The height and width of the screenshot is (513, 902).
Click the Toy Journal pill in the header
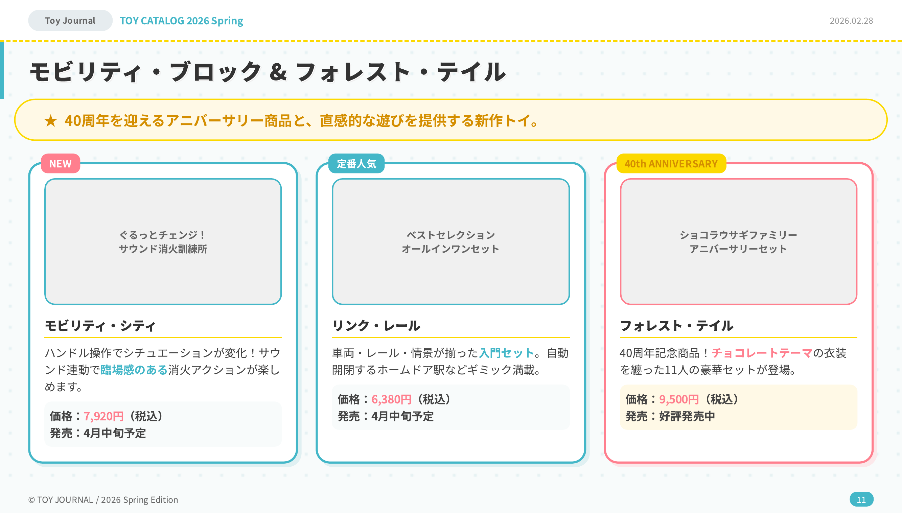tap(70, 20)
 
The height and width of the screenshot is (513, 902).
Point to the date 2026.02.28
tap(851, 21)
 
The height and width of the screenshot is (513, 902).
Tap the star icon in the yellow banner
tap(51, 121)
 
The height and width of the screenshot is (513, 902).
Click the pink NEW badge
tap(60, 163)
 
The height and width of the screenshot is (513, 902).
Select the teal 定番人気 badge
tap(356, 163)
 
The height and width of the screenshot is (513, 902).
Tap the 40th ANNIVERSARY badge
tap(671, 163)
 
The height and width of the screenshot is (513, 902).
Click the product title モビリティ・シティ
tap(100, 326)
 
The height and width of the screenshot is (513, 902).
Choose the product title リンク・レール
tap(376, 326)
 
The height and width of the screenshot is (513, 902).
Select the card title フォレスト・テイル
tap(676, 326)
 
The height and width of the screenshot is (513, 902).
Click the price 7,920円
tap(103, 417)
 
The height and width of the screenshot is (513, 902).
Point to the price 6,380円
tap(391, 400)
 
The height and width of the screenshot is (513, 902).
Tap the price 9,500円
tap(679, 400)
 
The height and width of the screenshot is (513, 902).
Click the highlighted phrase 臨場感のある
tap(134, 370)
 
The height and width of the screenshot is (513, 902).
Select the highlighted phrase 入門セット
tap(507, 353)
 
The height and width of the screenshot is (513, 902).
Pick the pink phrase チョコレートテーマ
tap(762, 353)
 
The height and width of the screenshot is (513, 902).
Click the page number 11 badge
tap(861, 499)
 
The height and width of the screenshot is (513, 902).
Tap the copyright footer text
tap(103, 499)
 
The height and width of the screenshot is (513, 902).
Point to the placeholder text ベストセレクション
tap(450, 235)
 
